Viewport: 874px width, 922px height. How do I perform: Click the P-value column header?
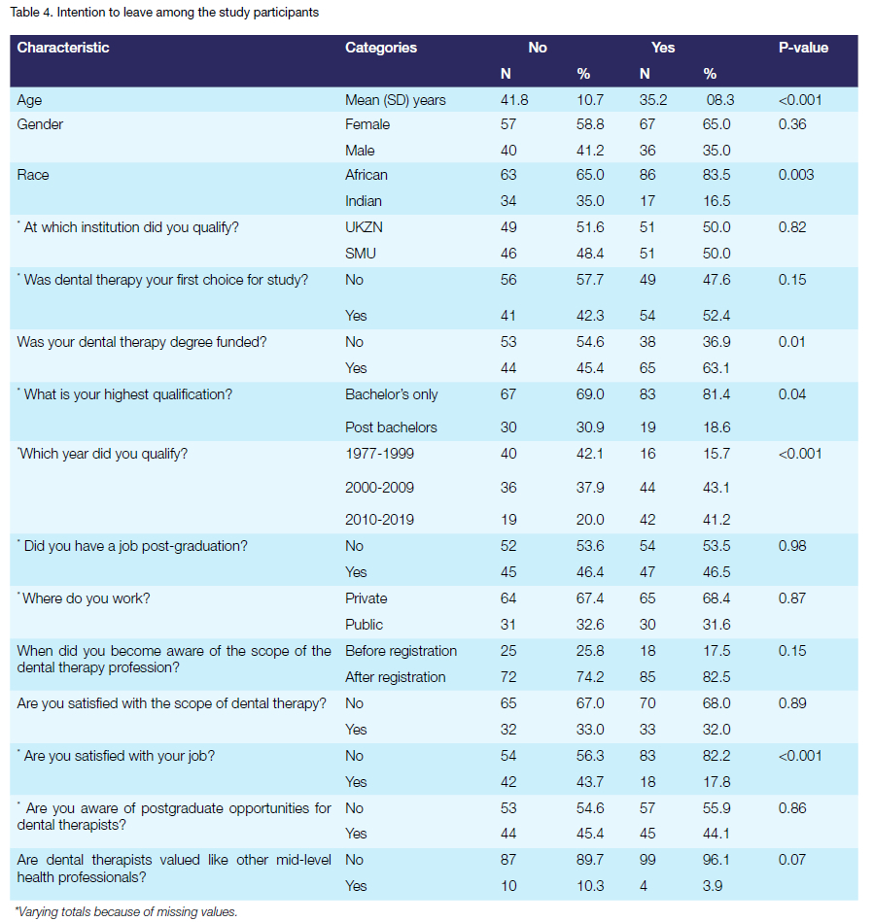803,48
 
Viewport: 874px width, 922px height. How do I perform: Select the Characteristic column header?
63,48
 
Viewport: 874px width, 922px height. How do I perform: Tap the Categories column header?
381,48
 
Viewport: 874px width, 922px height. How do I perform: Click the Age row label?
30,100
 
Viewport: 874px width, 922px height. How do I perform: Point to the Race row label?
33,175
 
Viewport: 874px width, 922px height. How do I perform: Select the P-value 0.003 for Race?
797,175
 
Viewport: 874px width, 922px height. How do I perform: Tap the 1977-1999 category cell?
378,453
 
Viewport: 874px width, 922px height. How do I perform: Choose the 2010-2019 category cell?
378,519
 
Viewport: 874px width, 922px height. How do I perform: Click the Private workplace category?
367,598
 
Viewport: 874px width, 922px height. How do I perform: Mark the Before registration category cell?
401,651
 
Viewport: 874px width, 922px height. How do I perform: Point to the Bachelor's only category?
392,394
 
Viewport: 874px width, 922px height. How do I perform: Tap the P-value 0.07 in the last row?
792,859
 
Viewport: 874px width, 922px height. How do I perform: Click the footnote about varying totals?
126,911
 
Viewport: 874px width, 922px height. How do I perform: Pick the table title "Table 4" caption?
164,13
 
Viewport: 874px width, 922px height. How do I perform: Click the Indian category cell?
364,201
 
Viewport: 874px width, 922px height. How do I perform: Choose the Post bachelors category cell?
391,427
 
